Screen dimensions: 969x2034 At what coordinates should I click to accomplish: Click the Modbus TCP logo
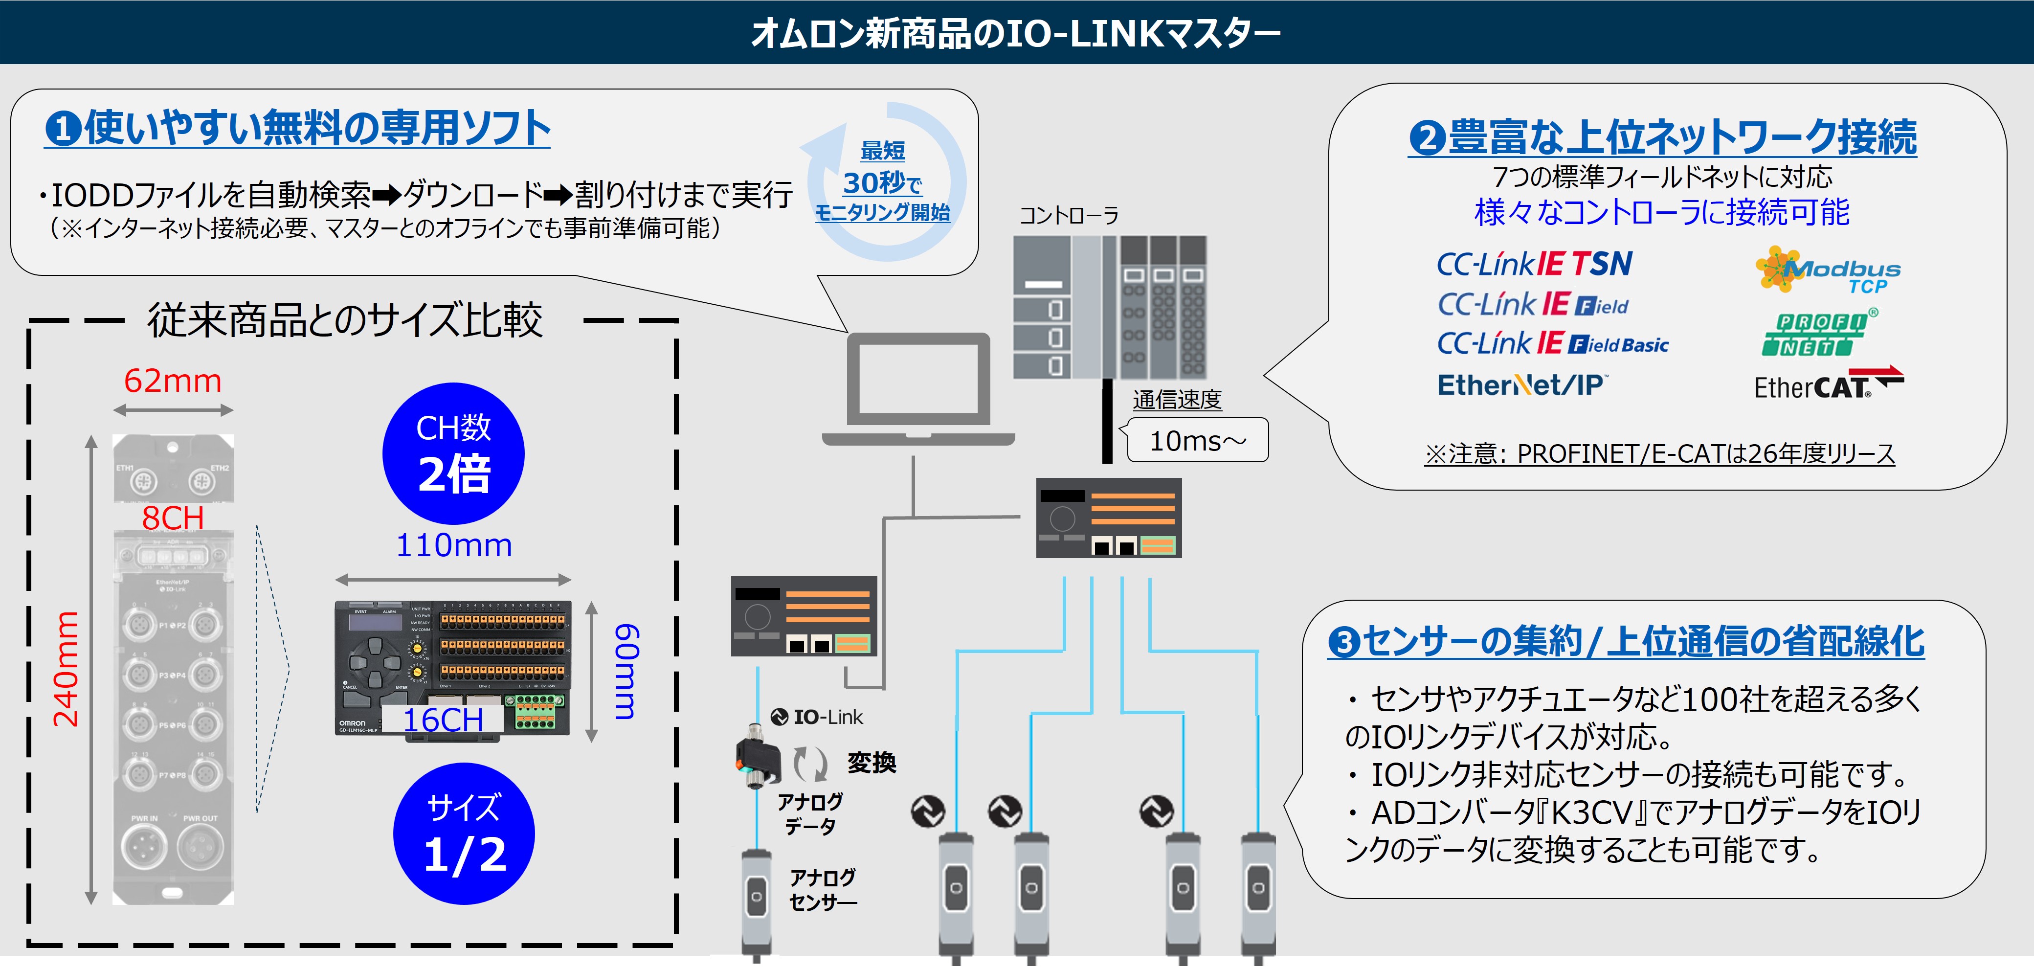pyautogui.click(x=1828, y=271)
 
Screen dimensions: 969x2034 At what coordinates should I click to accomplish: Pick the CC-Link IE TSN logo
pyautogui.click(x=1533, y=264)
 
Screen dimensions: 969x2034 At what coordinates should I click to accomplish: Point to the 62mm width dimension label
pyautogui.click(x=173, y=382)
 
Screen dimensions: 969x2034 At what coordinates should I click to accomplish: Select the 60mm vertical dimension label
pyautogui.click(x=626, y=671)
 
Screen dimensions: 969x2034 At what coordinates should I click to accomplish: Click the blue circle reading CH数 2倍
pyautogui.click(x=453, y=454)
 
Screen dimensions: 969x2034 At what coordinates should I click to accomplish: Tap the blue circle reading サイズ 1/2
pyautogui.click(x=464, y=834)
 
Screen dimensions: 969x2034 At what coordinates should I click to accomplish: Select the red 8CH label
pyautogui.click(x=173, y=519)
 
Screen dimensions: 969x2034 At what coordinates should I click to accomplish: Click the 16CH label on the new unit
pyautogui.click(x=443, y=720)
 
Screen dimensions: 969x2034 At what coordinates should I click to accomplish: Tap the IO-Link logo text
pyautogui.click(x=817, y=717)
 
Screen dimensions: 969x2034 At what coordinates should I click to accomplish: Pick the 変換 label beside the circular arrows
pyautogui.click(x=871, y=763)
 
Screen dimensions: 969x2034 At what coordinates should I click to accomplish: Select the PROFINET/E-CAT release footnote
pyautogui.click(x=1659, y=454)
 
